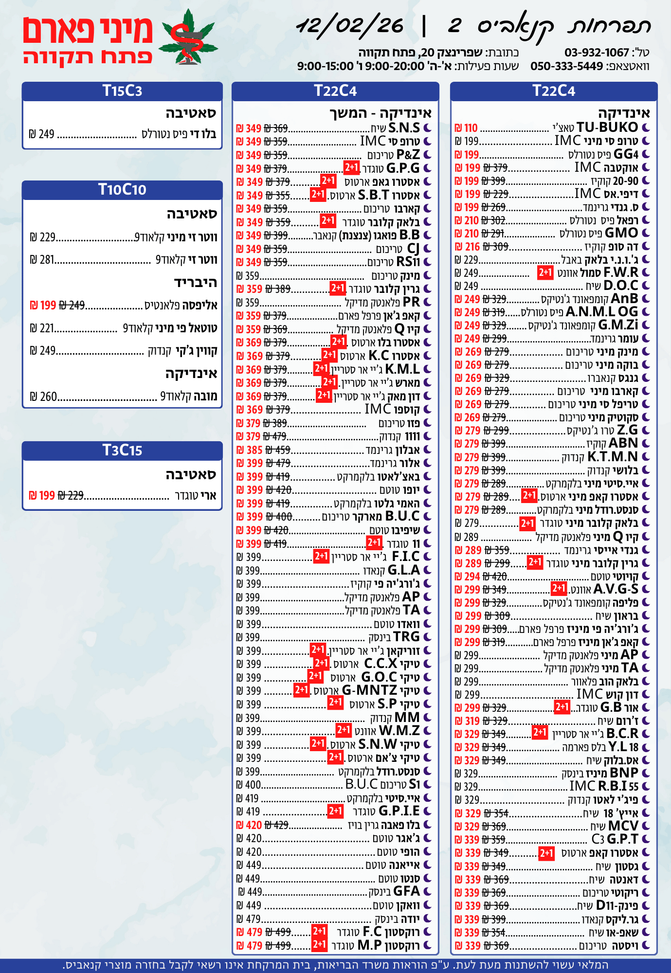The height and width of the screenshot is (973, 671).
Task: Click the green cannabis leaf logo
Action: point(188,38)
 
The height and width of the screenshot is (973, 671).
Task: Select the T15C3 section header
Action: point(122,91)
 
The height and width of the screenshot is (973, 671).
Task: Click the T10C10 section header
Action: point(122,189)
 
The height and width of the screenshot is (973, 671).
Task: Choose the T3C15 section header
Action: point(122,450)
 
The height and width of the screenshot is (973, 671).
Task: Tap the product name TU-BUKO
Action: point(607,127)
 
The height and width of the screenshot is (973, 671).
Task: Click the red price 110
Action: point(471,128)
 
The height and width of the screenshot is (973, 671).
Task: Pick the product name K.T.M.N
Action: point(613,457)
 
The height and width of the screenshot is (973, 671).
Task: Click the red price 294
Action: point(472,577)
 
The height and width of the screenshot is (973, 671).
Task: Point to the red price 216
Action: point(472,247)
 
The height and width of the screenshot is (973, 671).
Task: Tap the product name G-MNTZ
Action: point(369,690)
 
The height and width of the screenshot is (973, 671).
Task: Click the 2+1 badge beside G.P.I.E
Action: point(335,811)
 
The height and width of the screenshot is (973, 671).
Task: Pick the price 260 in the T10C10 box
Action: point(48,396)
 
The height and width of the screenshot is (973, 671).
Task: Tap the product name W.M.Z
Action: point(399,731)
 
